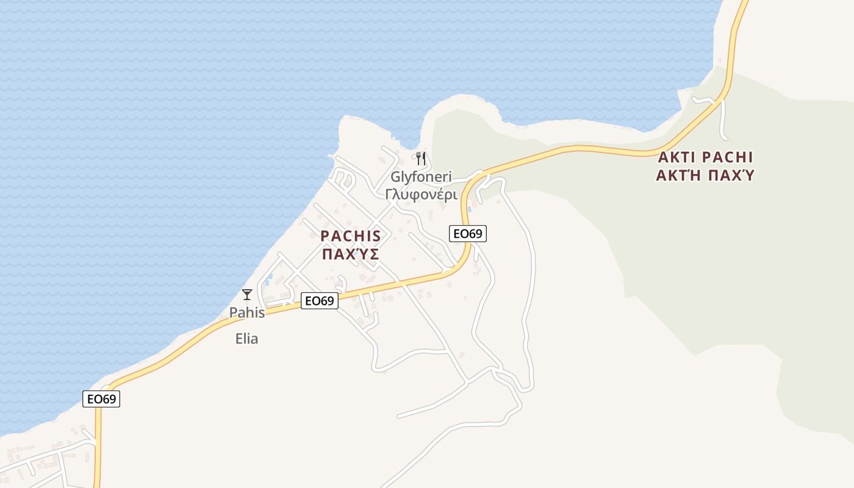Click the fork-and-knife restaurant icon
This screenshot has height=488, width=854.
[420, 159]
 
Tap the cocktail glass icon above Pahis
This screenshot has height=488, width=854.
[247, 295]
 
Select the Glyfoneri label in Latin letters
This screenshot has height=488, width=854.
[421, 177]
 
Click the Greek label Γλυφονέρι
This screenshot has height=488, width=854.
[421, 194]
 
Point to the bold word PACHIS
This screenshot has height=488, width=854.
[351, 236]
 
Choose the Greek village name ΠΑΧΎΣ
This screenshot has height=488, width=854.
[351, 254]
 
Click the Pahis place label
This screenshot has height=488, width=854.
[247, 313]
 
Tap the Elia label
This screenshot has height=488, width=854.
[247, 339]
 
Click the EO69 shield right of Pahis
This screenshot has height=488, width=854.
[319, 301]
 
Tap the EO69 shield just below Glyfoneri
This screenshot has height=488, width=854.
[468, 233]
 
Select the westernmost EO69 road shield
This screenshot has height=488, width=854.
[101, 399]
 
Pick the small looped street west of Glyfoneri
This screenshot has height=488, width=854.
[342, 181]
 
